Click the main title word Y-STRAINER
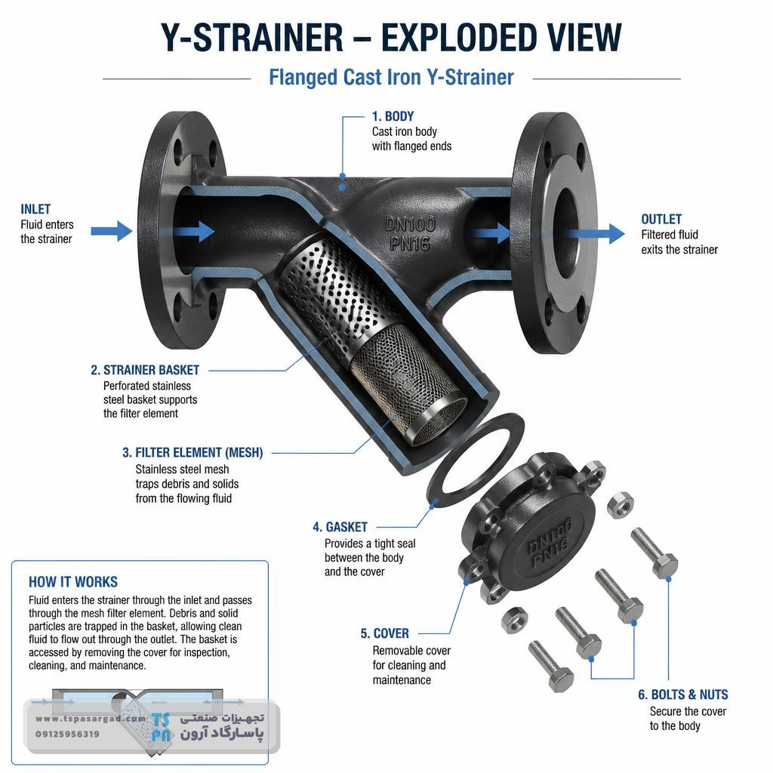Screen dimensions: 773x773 252,38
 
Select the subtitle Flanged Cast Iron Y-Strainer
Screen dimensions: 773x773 391,78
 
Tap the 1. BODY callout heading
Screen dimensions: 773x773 393,116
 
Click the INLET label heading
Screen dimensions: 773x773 35,209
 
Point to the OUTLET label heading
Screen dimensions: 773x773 661,219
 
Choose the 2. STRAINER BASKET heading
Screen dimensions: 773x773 145,370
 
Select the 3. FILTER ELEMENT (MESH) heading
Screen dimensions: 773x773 192,453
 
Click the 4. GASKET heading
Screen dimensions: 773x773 340,527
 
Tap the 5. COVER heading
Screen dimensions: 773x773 384,633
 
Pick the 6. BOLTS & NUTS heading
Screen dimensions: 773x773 682,694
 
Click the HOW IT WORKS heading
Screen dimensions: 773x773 73,582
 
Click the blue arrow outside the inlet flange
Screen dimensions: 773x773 112,231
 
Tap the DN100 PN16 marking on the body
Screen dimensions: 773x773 410,234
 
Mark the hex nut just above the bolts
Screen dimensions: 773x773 620,504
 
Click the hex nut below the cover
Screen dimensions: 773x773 514,621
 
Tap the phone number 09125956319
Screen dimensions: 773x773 67,734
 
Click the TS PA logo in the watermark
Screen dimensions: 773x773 162,727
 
